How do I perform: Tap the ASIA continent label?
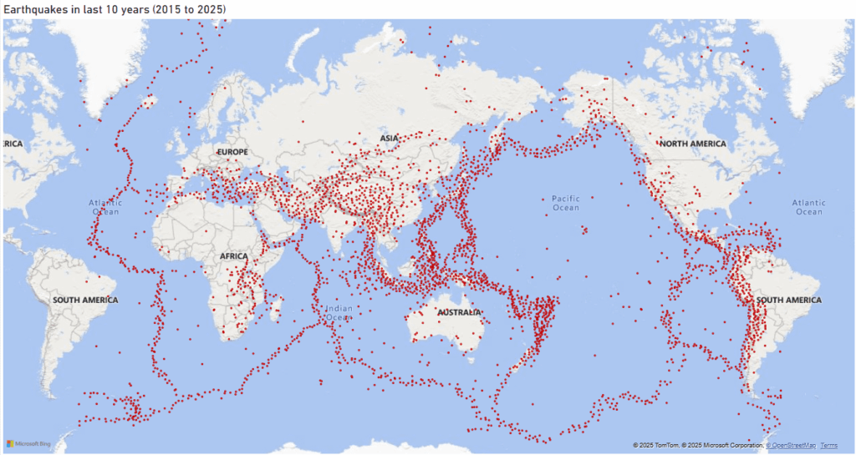coord(390,138)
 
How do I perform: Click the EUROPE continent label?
coord(232,152)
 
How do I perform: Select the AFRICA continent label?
coord(233,256)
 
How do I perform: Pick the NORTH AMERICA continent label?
coord(693,144)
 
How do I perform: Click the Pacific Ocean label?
coord(566,203)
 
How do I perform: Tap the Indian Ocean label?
coord(339,312)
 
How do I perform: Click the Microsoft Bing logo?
coord(28,443)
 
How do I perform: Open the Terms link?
coord(828,445)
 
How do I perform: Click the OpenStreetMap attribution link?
coord(791,445)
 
